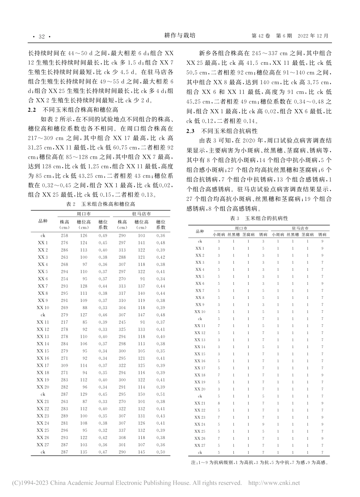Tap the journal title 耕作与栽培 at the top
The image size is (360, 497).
[180, 36]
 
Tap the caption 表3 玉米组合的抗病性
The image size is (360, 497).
[259, 219]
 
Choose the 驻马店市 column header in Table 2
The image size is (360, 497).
[142, 214]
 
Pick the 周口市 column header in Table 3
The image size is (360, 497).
[241, 228]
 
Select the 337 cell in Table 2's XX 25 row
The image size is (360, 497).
[122, 430]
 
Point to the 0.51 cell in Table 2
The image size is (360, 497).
[161, 394]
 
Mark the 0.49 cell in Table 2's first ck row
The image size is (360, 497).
[103, 235]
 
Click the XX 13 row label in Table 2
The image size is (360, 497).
[43, 336]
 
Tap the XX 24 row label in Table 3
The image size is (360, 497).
[200, 424]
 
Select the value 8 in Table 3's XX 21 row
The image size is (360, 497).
[219, 403]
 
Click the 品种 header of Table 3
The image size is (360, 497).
[200, 231]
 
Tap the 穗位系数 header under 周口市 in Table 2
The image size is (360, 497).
[103, 225]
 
